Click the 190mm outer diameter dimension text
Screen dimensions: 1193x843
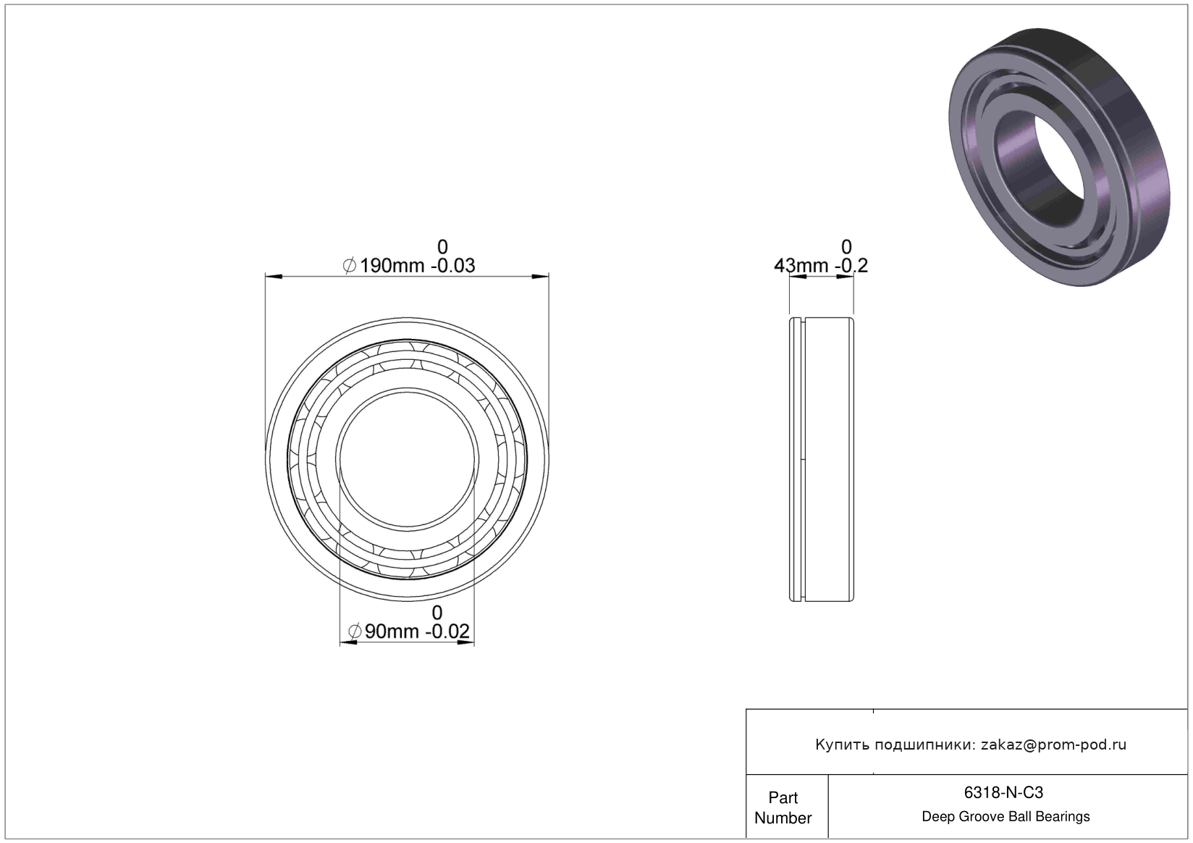click(392, 265)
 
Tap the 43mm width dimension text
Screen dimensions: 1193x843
click(801, 265)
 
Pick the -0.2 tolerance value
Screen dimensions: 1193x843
click(851, 265)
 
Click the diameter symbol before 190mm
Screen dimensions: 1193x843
click(350, 265)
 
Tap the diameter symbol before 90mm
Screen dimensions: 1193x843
click(355, 632)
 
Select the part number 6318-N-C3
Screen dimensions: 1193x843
click(1003, 792)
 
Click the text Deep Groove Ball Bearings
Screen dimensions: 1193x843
click(1006, 816)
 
